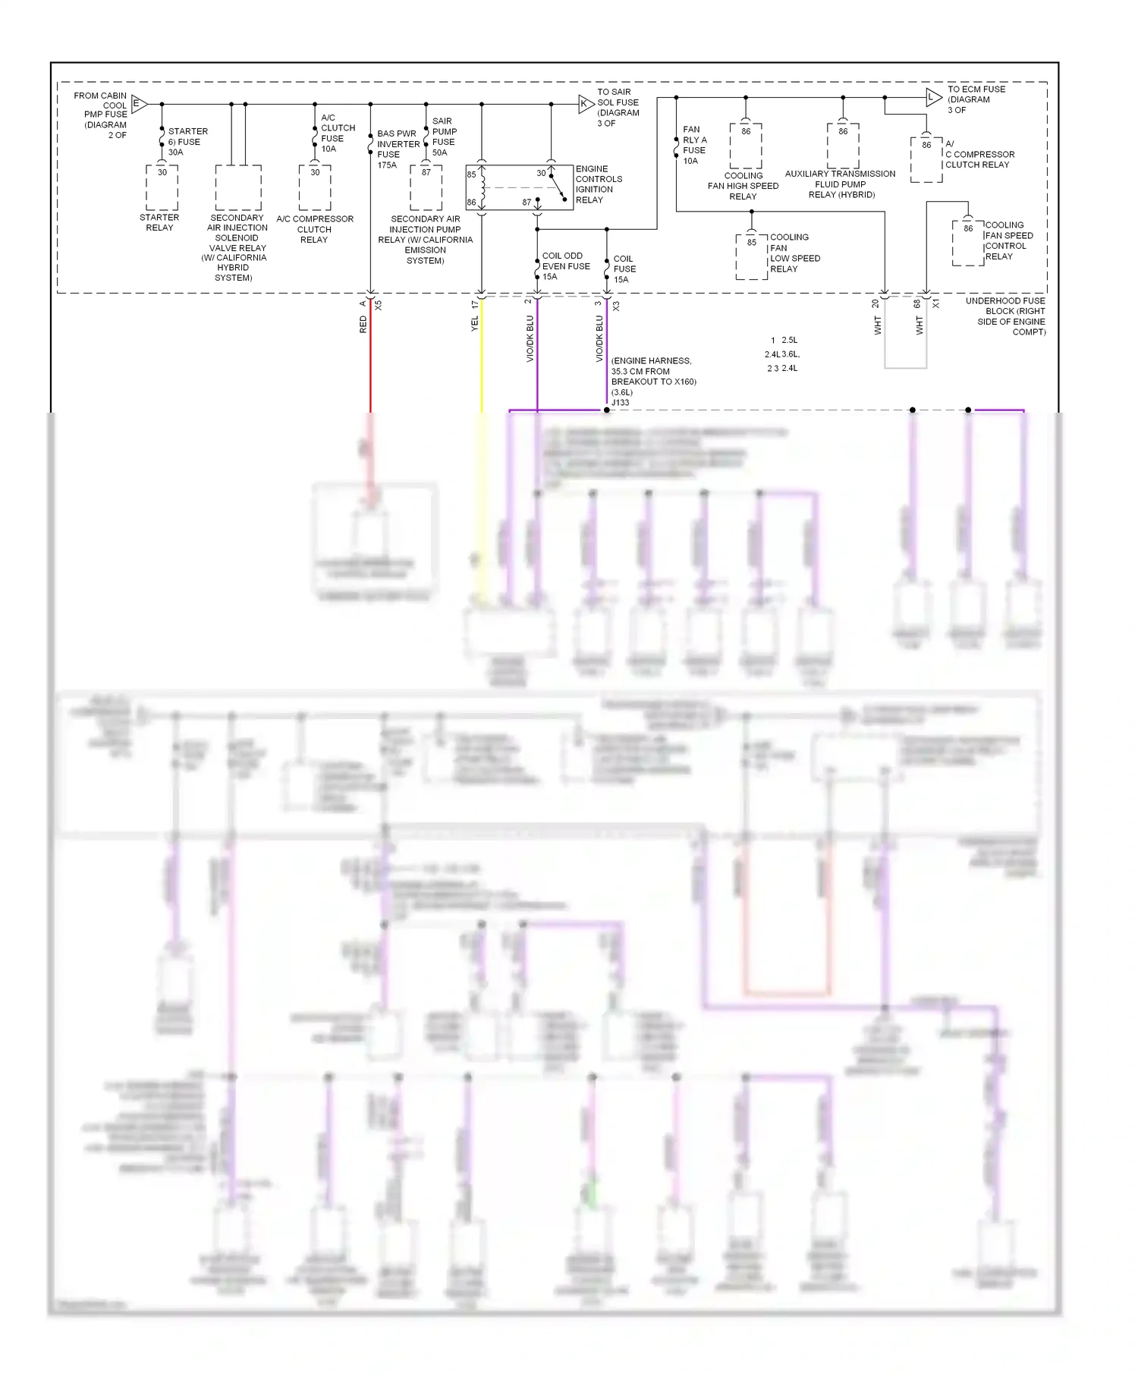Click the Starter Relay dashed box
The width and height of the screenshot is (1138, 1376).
162,188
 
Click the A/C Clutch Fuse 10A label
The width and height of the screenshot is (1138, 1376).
338,134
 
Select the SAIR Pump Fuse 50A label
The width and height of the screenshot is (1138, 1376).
444,137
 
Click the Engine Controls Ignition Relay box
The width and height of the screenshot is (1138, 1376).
519,187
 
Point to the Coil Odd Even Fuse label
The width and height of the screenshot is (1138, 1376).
565,266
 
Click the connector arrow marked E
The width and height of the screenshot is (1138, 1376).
139,104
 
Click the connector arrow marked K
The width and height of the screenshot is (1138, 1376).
585,104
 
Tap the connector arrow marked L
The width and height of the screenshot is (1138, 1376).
933,97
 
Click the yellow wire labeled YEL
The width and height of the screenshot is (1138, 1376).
481,357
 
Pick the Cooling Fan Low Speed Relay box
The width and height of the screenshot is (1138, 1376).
751,257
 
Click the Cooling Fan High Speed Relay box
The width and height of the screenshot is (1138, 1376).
746,146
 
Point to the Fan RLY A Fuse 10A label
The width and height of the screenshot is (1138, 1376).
694,145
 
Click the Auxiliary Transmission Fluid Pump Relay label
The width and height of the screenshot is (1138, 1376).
841,184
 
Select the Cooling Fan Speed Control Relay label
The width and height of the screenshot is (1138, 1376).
1008,240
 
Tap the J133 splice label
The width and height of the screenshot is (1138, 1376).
621,403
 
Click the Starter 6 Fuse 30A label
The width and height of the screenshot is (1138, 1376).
187,142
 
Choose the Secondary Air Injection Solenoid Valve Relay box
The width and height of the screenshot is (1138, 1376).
237,188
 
